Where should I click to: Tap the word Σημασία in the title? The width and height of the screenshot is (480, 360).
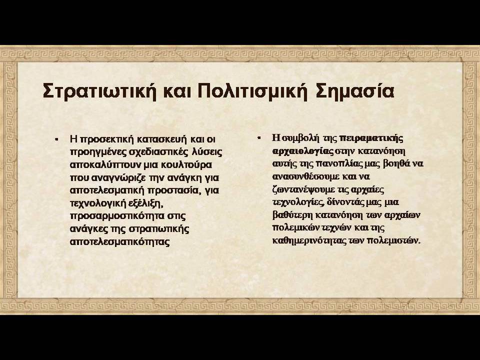tap(354, 91)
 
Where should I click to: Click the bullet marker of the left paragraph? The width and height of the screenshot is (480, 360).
tap(56, 139)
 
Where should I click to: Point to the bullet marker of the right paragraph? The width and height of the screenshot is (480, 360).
tap(258, 138)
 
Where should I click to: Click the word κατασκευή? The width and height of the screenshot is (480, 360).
tap(161, 139)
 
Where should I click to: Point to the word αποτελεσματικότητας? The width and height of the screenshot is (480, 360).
tap(119, 242)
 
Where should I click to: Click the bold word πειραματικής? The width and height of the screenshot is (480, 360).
tap(371, 138)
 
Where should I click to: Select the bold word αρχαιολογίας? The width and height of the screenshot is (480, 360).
tap(302, 151)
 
